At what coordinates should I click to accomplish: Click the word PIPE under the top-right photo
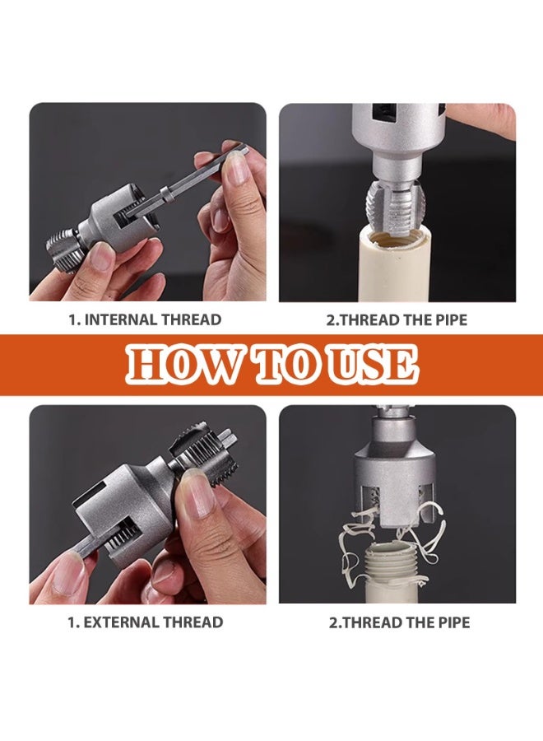click(447, 319)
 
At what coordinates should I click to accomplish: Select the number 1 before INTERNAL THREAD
click(72, 319)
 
